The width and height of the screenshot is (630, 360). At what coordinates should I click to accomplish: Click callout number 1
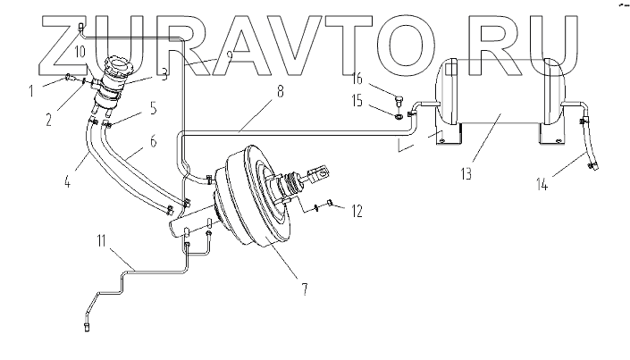point(31,88)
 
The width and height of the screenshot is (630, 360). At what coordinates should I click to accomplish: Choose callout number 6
point(152,141)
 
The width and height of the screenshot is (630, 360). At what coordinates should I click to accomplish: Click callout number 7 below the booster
point(304,289)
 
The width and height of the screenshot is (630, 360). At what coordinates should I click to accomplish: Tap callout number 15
point(357,103)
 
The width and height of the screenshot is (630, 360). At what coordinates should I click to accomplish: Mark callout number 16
point(357,79)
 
